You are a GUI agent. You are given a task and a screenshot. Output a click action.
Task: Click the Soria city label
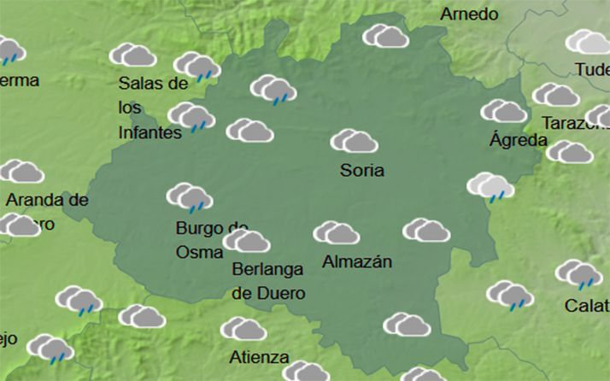click(x=361, y=170)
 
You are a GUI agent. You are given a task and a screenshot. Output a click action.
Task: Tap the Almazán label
click(x=356, y=262)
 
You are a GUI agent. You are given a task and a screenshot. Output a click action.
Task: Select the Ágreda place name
click(x=518, y=139)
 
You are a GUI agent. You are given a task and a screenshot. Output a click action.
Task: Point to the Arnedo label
click(x=469, y=15)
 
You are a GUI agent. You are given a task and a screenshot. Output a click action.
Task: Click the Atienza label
click(x=259, y=357)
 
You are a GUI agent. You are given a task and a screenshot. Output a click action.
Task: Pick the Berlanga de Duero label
click(x=268, y=280)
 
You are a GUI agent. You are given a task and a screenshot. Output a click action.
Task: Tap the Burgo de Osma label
click(x=211, y=240)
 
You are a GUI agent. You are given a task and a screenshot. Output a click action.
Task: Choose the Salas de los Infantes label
click(x=152, y=108)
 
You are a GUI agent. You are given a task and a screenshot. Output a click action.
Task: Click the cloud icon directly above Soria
click(x=354, y=140)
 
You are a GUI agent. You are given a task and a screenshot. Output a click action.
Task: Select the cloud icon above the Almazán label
click(x=336, y=232)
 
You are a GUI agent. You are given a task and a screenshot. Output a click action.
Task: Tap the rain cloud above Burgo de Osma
click(x=190, y=197)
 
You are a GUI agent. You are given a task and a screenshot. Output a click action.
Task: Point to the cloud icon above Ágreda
click(x=504, y=111)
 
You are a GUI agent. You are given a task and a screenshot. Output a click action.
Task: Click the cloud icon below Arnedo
click(x=385, y=36)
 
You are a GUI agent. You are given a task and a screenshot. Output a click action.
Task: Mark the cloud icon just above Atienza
click(x=243, y=329)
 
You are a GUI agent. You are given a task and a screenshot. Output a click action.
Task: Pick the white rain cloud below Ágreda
click(x=490, y=186)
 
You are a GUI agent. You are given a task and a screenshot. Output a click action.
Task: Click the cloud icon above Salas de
click(x=133, y=56)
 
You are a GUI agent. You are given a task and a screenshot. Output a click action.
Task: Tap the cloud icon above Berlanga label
click(x=247, y=242)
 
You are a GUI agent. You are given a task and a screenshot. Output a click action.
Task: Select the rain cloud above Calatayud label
click(x=578, y=274)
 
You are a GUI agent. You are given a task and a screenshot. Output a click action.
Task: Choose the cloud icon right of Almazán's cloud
click(x=426, y=230)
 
